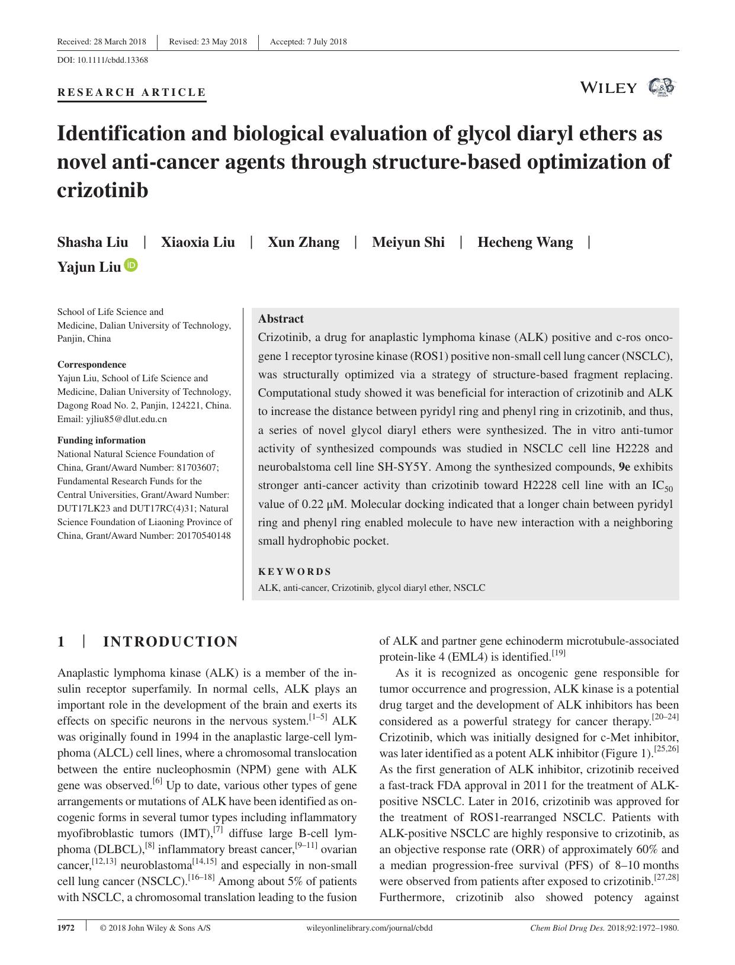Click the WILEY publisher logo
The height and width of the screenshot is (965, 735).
609,88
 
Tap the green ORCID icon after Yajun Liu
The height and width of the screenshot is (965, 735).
131,265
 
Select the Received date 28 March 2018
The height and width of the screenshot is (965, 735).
118,41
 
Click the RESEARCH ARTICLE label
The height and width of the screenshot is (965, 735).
131,92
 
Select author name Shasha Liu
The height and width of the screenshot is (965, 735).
92,242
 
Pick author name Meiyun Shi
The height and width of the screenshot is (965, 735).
408,242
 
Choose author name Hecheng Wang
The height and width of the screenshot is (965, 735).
525,242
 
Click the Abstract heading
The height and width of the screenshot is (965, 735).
281,319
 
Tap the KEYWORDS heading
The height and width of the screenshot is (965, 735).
294,571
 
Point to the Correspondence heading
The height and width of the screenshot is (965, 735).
91,365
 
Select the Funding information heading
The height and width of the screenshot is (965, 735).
101,440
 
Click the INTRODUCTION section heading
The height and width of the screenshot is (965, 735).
170,642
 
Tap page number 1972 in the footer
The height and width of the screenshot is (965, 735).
66,928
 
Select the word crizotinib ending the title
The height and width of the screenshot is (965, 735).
102,191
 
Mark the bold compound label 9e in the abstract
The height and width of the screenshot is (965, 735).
624,467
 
